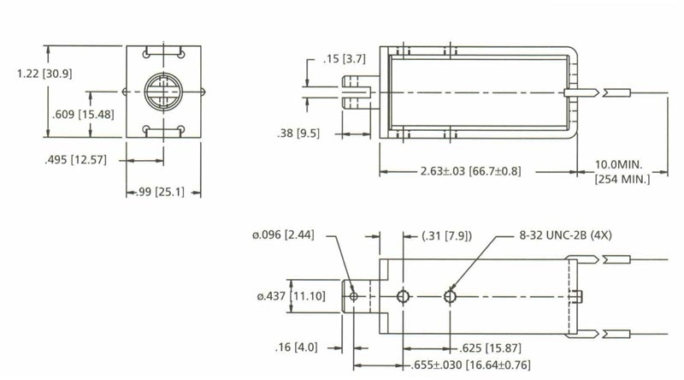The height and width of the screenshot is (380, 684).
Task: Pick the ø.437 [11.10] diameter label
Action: point(288,296)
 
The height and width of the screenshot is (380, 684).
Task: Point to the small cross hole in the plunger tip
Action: point(353,296)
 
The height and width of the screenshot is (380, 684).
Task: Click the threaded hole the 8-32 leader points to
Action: point(450,296)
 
